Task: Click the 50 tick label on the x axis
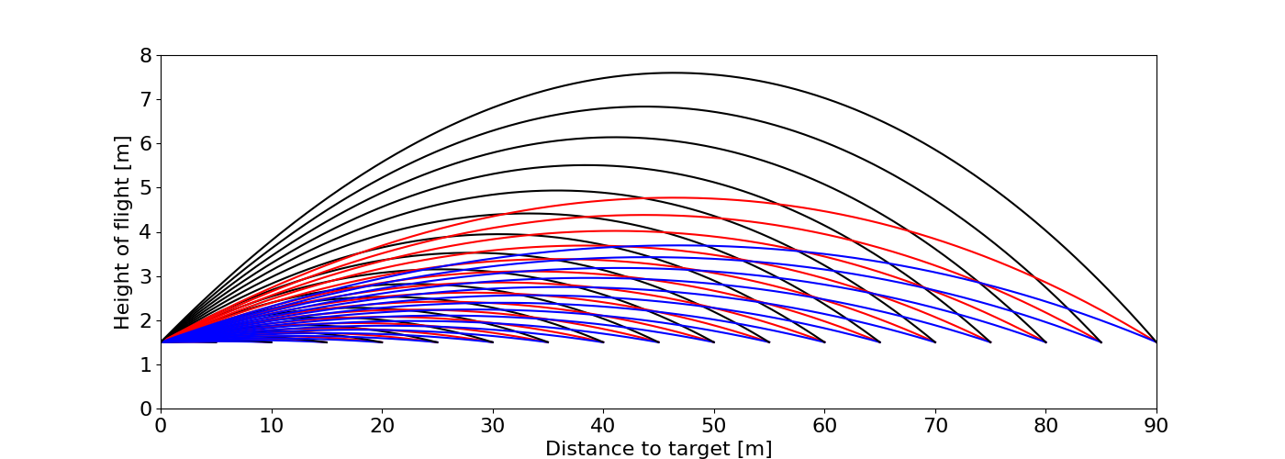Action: (714, 426)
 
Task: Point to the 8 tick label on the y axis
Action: (145, 55)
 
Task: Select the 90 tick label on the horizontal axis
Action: (1156, 426)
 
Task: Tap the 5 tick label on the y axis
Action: (145, 188)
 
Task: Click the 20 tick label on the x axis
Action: (382, 426)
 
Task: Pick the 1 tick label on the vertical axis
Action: (145, 364)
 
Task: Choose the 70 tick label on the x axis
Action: (935, 426)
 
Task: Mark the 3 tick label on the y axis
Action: (145, 276)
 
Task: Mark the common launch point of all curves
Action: (162, 341)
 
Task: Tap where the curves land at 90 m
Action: (1156, 341)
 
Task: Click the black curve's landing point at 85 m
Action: (1101, 341)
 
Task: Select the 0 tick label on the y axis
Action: (145, 409)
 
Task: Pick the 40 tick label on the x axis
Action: (603, 426)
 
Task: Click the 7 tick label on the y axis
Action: (145, 99)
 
